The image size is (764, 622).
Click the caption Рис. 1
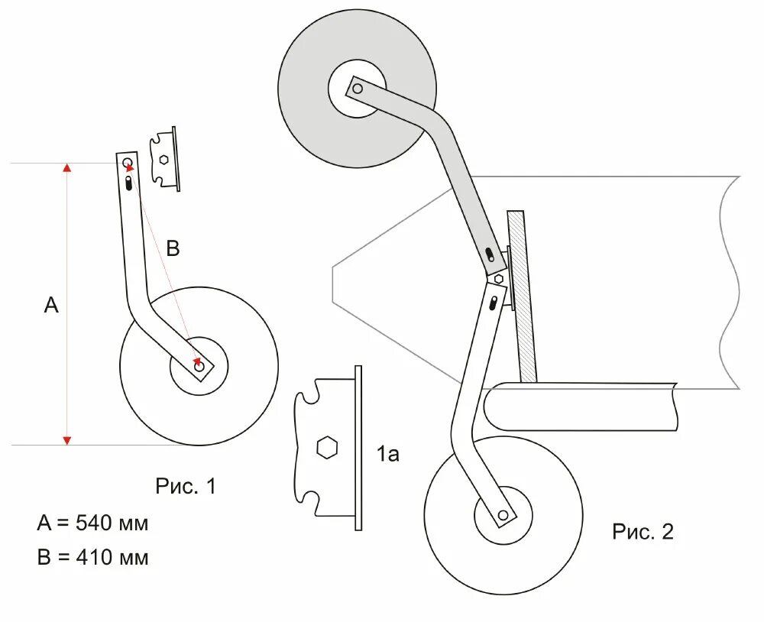pos(186,486)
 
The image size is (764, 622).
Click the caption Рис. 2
pos(643,532)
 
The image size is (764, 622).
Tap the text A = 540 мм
pos(92,523)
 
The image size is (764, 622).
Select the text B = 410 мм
pos(92,557)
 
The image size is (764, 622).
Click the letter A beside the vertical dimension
pos(50,306)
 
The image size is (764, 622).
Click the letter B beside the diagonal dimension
pos(173,248)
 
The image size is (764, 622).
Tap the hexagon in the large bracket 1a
pos(327,447)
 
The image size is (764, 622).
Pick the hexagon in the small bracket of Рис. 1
pos(163,159)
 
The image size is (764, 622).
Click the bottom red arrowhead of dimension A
pos(67,439)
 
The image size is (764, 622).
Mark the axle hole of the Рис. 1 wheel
pos(200,368)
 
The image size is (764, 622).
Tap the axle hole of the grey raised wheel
pos(357,89)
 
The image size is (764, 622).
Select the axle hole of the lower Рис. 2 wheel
pos(502,516)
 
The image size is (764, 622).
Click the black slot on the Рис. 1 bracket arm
pos(129,183)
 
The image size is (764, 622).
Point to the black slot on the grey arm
pos(489,253)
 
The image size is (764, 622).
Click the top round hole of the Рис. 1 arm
pos(126,163)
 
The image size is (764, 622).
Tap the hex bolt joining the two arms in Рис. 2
pos(498,278)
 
